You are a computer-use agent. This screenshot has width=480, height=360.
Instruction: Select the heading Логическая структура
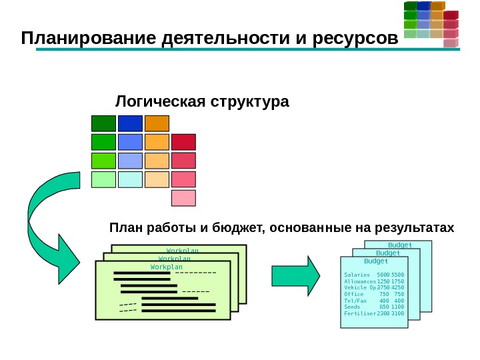203,102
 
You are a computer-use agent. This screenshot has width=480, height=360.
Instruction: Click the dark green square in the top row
103,123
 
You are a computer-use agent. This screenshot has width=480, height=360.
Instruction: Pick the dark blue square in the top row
130,123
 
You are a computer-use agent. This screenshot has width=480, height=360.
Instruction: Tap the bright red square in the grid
183,142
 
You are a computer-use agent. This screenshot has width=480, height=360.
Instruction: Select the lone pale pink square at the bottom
183,198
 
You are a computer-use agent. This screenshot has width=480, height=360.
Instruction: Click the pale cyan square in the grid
130,179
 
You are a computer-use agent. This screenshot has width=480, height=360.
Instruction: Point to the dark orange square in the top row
157,123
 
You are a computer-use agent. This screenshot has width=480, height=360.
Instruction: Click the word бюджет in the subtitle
236,228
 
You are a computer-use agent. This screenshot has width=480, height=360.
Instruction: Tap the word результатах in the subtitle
413,228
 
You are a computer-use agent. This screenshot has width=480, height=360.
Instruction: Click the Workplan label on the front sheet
166,267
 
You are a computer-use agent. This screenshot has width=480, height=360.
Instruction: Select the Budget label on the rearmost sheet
400,245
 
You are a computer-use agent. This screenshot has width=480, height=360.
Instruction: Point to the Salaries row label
357,275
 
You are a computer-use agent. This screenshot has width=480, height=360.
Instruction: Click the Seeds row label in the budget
352,307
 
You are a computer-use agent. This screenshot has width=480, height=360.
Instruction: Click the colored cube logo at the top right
431,23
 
